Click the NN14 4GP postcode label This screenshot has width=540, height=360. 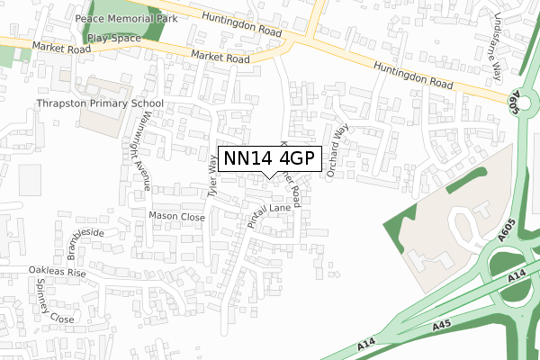pyautogui.click(x=269, y=158)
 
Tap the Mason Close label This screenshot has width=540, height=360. pyautogui.click(x=176, y=217)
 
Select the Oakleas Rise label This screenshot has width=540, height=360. pyautogui.click(x=56, y=272)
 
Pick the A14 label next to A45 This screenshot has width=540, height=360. pyautogui.click(x=364, y=344)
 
